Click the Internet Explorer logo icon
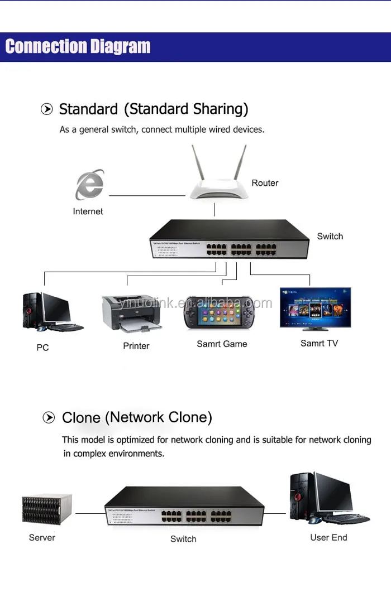tap(89, 185)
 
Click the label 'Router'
tap(265, 183)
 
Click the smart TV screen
tap(315, 307)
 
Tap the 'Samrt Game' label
tap(222, 344)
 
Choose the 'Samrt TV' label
tap(319, 343)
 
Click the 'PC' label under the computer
tap(42, 348)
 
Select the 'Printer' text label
tap(136, 346)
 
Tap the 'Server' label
tap(42, 538)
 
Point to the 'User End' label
tap(328, 538)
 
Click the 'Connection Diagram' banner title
tap(78, 46)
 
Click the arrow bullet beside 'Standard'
tap(47, 109)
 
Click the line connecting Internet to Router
tap(146, 196)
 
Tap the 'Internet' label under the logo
tap(88, 211)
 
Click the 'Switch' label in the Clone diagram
tap(183, 539)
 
